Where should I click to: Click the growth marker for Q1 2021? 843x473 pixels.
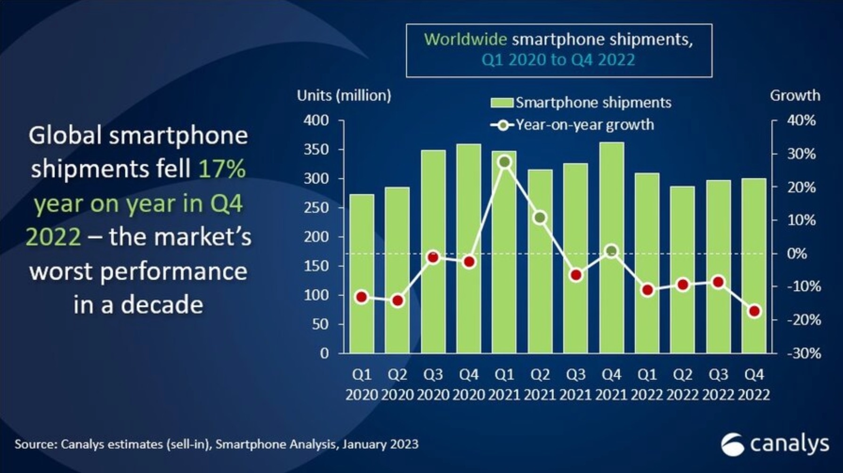[504, 162]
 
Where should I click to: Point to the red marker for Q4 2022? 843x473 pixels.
[754, 311]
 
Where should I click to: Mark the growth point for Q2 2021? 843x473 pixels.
[540, 218]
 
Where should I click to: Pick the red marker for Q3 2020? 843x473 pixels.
[433, 257]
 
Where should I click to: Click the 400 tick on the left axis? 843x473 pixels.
[316, 121]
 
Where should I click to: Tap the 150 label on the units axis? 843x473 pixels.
[316, 266]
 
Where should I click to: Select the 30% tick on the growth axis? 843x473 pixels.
[801, 154]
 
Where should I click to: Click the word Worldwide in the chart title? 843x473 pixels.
[465, 39]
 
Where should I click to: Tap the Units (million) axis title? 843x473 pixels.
[344, 96]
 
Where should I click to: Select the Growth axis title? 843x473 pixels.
[794, 96]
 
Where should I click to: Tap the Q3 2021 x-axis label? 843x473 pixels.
[576, 384]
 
